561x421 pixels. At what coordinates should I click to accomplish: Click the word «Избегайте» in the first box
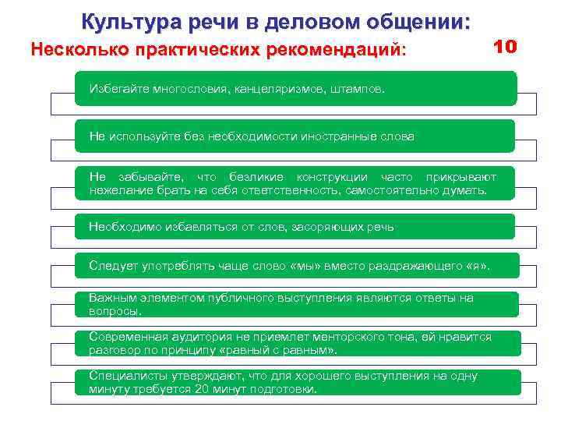point(117,89)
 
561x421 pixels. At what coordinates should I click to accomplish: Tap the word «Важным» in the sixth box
point(111,299)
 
